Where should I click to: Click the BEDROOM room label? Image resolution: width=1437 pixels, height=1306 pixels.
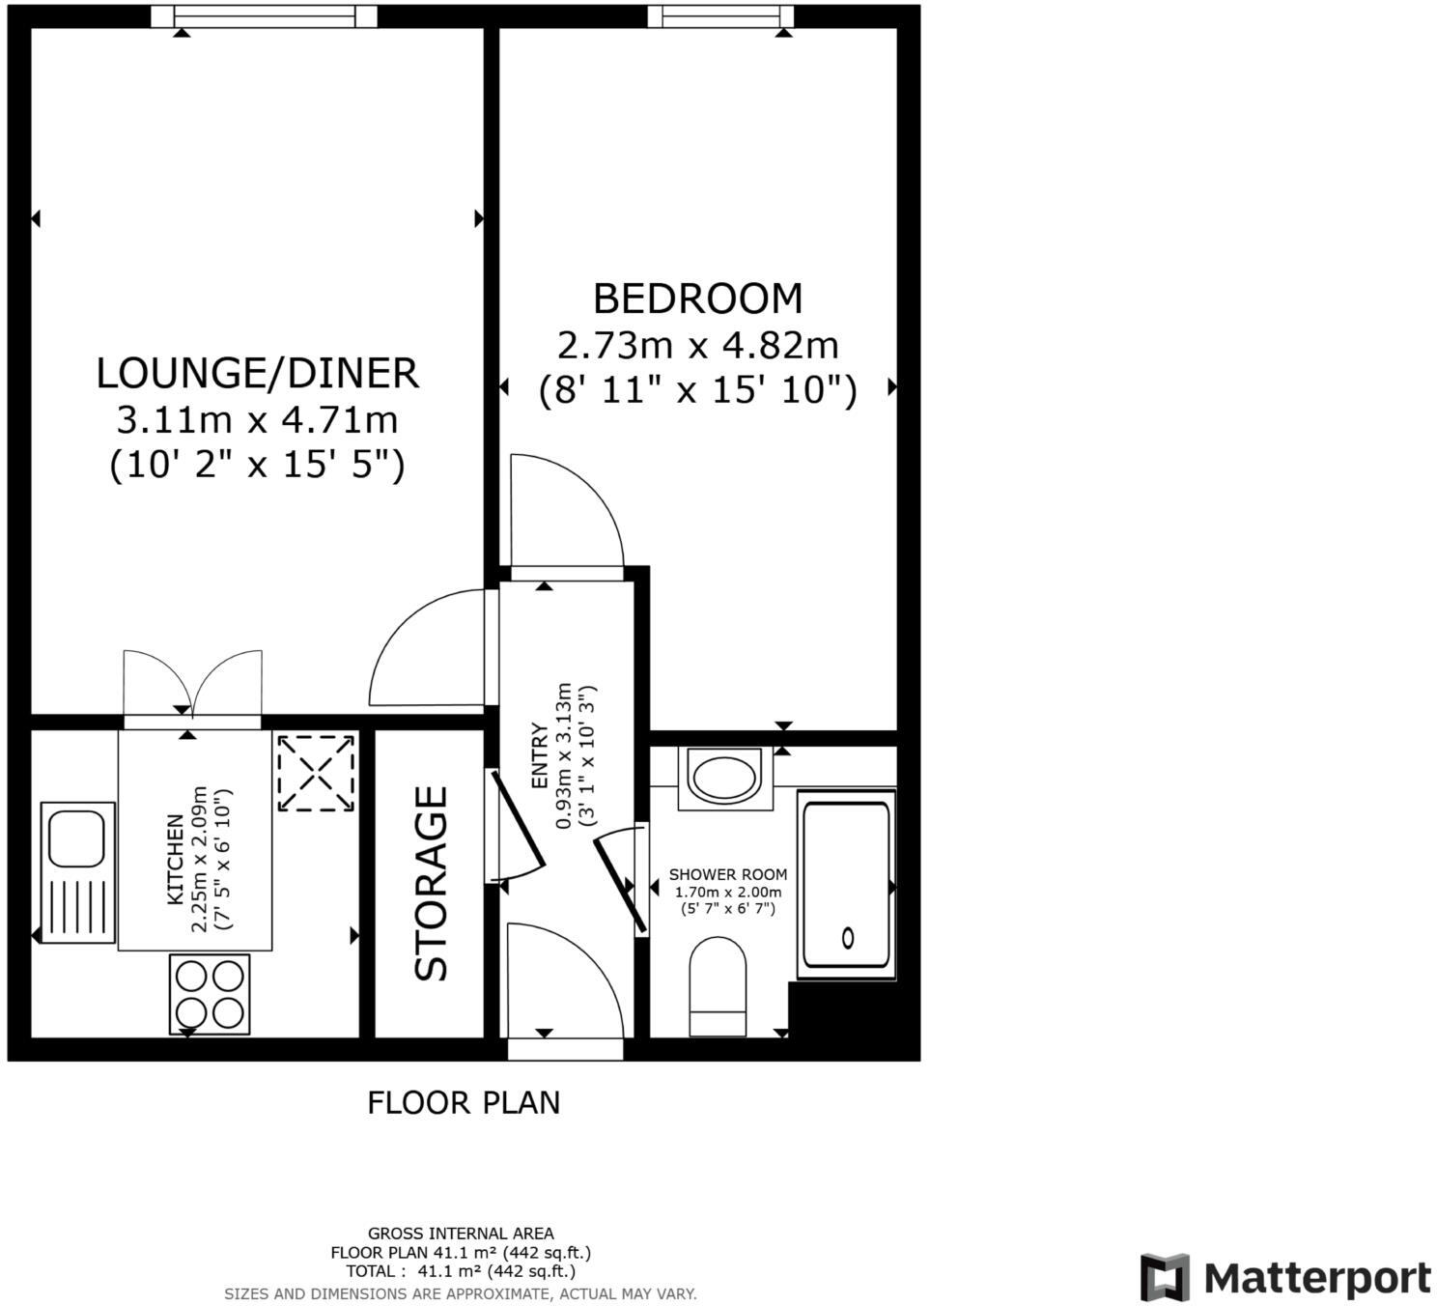[697, 298]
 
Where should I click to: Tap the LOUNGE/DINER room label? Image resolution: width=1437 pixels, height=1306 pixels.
[257, 374]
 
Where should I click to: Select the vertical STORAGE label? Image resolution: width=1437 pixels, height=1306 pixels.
[432, 884]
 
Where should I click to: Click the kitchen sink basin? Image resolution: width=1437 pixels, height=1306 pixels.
[77, 838]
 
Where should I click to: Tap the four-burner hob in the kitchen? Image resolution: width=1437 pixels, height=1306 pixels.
[210, 994]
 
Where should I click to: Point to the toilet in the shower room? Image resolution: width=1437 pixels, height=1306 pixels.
[718, 985]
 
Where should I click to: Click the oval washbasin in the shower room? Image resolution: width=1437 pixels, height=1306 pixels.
[725, 778]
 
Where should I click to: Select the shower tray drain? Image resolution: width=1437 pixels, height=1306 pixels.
[848, 937]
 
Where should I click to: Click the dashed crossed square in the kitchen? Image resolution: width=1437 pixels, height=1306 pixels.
[316, 773]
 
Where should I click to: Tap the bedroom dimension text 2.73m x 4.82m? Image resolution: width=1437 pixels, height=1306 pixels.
[697, 345]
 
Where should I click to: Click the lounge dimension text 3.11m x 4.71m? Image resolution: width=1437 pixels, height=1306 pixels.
[257, 420]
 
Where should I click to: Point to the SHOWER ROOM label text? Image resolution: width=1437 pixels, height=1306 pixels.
[728, 874]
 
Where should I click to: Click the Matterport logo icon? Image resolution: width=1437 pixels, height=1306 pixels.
[1164, 1277]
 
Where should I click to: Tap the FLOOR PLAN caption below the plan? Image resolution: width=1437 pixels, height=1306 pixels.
[464, 1102]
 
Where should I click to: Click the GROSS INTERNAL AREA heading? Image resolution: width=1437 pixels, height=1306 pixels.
[461, 1234]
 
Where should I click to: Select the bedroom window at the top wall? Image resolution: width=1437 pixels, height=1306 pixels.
[720, 15]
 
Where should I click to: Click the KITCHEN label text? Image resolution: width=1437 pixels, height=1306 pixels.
[176, 860]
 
